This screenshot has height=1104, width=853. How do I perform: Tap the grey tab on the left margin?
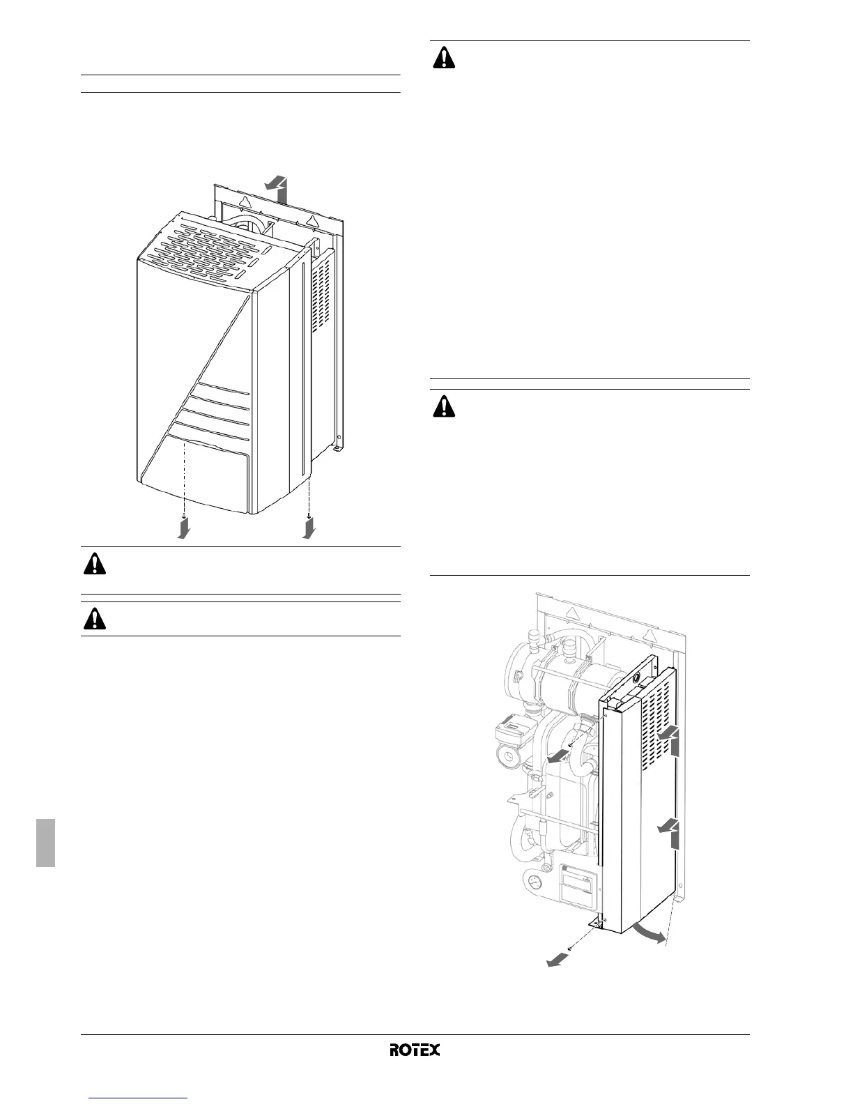(46, 843)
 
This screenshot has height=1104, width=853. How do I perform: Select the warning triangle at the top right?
(443, 57)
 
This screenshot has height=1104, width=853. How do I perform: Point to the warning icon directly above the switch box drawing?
(443, 406)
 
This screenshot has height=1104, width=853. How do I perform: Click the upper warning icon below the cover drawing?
(95, 563)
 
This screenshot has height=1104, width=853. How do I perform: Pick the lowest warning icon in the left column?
(95, 618)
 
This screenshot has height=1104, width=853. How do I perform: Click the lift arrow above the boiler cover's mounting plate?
(277, 189)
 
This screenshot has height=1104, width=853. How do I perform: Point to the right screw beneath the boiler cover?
(308, 516)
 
